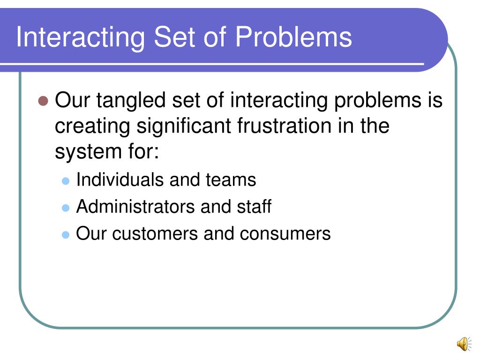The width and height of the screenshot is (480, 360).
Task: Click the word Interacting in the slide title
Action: pos(80,37)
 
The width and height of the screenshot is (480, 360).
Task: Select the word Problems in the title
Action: pos(293,37)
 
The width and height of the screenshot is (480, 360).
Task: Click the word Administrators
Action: pos(135,206)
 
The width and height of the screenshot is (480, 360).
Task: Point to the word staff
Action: pos(255,206)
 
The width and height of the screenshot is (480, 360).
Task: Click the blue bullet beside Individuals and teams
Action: pos(66,180)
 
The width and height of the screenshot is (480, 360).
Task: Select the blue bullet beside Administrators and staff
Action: pos(66,207)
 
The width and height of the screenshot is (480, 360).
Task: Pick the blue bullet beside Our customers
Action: pos(66,234)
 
